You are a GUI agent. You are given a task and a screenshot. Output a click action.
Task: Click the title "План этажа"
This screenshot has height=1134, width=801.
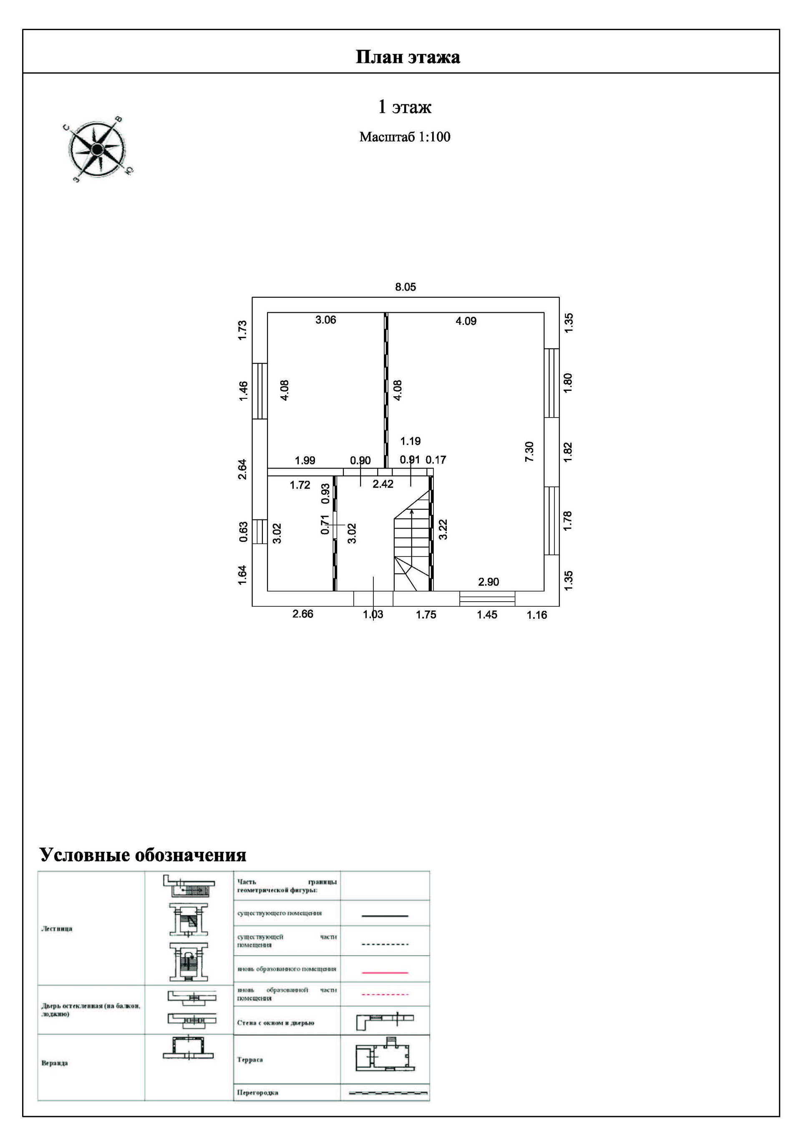408,57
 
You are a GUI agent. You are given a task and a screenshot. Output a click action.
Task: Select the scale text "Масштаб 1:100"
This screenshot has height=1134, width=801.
405,137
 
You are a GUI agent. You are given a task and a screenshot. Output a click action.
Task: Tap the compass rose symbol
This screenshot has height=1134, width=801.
97,149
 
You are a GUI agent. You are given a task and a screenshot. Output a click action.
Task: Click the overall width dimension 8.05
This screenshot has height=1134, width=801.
405,287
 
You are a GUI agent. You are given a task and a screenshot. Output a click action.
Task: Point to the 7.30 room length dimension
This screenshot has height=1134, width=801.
529,451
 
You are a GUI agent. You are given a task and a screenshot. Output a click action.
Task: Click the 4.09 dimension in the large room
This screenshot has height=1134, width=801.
466,321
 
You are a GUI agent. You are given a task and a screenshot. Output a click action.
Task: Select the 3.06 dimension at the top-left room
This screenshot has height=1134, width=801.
326,320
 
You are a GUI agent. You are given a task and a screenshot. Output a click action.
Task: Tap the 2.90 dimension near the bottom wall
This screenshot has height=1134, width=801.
488,582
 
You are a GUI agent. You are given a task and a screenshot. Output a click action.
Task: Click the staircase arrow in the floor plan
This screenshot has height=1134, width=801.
412,512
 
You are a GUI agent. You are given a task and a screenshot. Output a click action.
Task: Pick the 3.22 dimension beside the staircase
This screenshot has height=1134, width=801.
443,529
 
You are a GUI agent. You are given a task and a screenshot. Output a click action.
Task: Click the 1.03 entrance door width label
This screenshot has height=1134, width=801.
373,615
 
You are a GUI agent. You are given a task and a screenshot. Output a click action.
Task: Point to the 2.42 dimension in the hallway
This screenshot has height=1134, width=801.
383,484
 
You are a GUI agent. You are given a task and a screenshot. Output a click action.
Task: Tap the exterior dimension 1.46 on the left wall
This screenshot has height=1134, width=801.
243,391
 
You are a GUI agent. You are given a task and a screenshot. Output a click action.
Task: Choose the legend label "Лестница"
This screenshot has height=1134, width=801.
57,929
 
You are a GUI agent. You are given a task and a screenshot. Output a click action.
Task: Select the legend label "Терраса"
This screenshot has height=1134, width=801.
250,1059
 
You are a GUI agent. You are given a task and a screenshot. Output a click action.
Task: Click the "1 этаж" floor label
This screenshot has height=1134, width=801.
405,107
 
